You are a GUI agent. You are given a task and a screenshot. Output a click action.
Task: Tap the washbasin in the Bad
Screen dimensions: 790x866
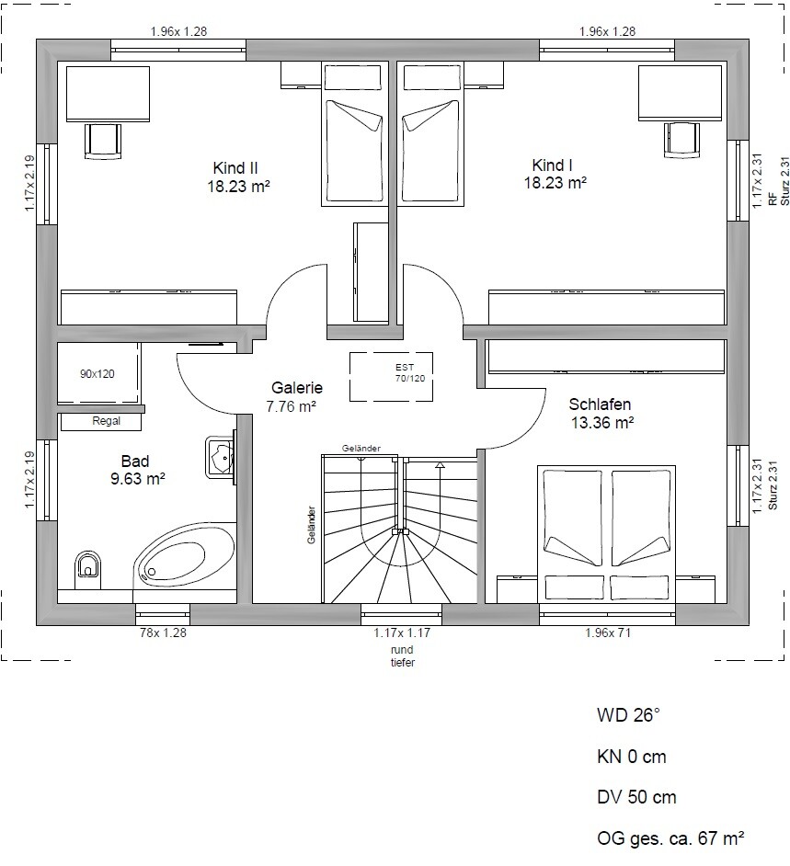(x=221, y=457)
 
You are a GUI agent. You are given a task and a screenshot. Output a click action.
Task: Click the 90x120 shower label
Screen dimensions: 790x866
(x=97, y=374)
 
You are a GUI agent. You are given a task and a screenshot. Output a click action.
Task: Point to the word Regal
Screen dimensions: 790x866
(x=106, y=421)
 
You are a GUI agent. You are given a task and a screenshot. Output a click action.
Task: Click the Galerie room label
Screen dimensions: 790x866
(x=297, y=388)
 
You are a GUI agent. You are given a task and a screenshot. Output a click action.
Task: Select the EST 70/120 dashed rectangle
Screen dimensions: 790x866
(x=391, y=376)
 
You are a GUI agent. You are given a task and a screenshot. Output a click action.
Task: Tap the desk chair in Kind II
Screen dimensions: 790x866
(x=103, y=142)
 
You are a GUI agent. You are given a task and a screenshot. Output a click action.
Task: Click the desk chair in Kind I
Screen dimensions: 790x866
(x=681, y=141)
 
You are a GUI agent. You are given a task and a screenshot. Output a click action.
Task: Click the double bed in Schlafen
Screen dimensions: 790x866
(x=607, y=534)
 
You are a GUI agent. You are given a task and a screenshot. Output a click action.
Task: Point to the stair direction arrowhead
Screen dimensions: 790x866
(x=440, y=465)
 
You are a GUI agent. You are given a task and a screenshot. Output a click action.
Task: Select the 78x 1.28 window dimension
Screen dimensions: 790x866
(x=163, y=632)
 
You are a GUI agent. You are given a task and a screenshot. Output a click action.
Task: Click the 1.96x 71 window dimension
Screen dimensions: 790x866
(x=608, y=632)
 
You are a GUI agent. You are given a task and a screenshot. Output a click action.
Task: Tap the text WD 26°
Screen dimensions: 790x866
(x=628, y=715)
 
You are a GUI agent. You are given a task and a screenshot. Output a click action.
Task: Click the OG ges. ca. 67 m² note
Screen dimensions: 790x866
(x=670, y=839)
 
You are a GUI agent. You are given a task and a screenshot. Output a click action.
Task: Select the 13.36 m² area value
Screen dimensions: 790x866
(x=602, y=423)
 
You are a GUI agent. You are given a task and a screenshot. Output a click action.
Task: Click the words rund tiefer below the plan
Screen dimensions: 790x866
(x=402, y=656)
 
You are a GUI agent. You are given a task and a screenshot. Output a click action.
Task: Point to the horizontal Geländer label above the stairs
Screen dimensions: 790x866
(x=361, y=449)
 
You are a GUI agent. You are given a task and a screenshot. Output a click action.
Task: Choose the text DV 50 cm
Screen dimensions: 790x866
(x=636, y=798)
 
